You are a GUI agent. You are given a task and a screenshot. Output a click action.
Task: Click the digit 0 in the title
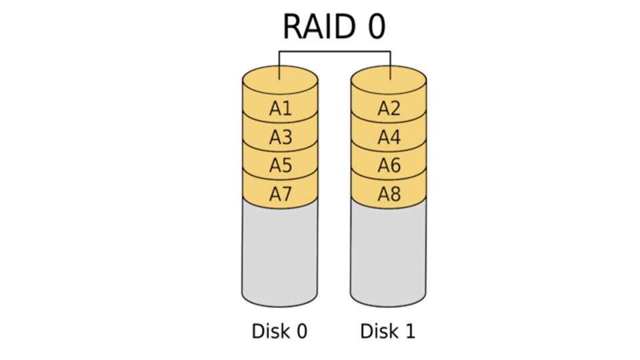click(375, 27)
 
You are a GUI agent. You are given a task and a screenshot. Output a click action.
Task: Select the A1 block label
click(281, 109)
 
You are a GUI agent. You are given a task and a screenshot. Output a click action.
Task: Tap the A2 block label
click(389, 109)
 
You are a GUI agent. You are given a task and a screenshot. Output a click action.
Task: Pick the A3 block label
click(281, 137)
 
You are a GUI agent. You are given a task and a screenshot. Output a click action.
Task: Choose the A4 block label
click(389, 137)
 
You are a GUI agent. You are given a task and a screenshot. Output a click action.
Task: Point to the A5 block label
click(281, 165)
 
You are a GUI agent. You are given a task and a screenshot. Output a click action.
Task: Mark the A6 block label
click(389, 165)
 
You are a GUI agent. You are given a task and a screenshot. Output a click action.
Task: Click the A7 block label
click(281, 194)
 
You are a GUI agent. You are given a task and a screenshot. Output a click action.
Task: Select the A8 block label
click(389, 194)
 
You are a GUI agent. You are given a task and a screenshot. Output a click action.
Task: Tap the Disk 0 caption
click(279, 331)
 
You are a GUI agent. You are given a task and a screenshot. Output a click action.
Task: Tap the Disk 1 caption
click(387, 331)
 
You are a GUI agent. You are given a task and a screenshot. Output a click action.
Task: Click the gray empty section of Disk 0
click(280, 253)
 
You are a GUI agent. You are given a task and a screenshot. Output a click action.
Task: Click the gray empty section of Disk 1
click(388, 253)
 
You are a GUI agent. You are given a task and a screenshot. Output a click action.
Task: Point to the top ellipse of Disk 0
click(280, 81)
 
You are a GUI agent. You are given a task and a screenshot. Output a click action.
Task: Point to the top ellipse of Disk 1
click(389, 81)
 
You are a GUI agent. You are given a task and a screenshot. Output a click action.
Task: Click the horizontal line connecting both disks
click(334, 51)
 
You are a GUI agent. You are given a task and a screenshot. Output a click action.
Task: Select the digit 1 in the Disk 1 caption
click(409, 331)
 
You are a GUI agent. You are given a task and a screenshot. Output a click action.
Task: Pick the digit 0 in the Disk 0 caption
click(301, 331)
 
